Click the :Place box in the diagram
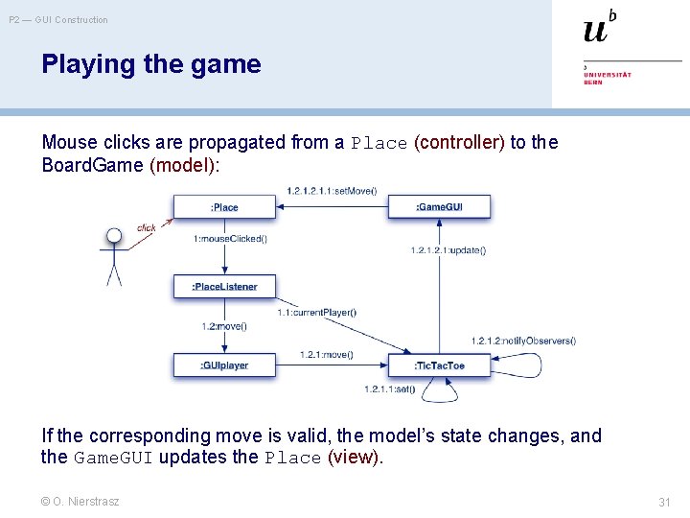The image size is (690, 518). (224, 207)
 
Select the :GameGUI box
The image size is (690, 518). (438, 207)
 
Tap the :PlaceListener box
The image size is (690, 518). (224, 286)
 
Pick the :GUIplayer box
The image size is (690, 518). (224, 365)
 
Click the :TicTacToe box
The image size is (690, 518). (439, 365)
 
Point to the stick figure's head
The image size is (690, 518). (114, 235)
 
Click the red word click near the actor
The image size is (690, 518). (146, 228)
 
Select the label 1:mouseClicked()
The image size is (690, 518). (230, 238)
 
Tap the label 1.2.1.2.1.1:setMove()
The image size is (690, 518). (332, 191)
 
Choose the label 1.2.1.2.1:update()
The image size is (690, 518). (448, 250)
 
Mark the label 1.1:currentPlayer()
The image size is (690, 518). (317, 312)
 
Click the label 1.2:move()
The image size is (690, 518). (224, 326)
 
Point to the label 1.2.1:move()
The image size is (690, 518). (326, 355)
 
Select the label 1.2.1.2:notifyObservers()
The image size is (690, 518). (523, 341)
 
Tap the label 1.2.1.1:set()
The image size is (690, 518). (390, 388)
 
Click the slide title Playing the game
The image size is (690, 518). (150, 64)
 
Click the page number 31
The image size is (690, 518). (664, 502)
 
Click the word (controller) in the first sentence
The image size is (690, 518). (459, 143)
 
